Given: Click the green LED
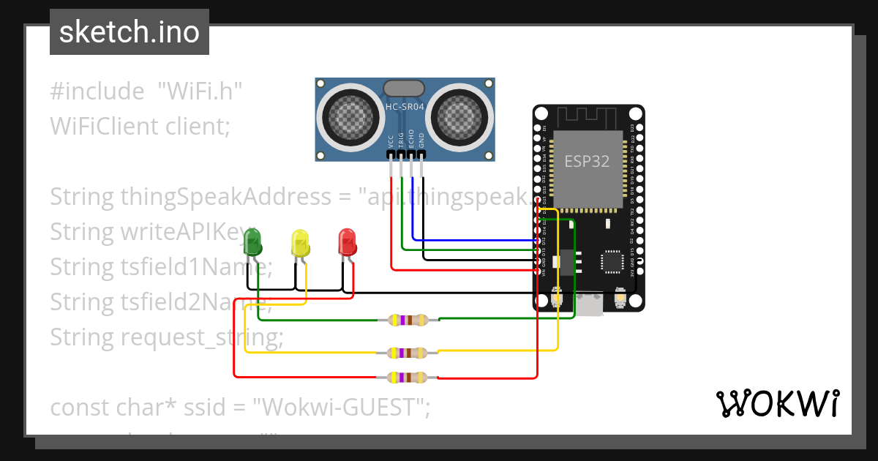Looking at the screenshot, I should [x=252, y=241].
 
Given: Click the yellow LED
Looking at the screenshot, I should [x=300, y=242].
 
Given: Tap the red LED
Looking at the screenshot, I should [x=347, y=241].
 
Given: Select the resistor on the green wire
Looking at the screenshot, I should [x=408, y=320].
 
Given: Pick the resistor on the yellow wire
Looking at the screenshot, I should [x=408, y=353].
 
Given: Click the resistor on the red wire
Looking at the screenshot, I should [x=408, y=378].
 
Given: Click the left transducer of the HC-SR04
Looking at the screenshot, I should [x=348, y=114].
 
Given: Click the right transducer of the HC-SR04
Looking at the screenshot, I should [x=461, y=114].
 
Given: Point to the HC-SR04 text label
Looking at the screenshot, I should [x=405, y=108].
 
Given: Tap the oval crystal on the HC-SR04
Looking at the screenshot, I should [x=404, y=88].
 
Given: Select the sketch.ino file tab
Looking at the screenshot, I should [x=130, y=32].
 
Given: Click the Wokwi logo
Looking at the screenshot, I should [x=777, y=403].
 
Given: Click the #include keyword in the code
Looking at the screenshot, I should [x=97, y=91].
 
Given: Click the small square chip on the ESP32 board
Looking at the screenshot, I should [x=610, y=261].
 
